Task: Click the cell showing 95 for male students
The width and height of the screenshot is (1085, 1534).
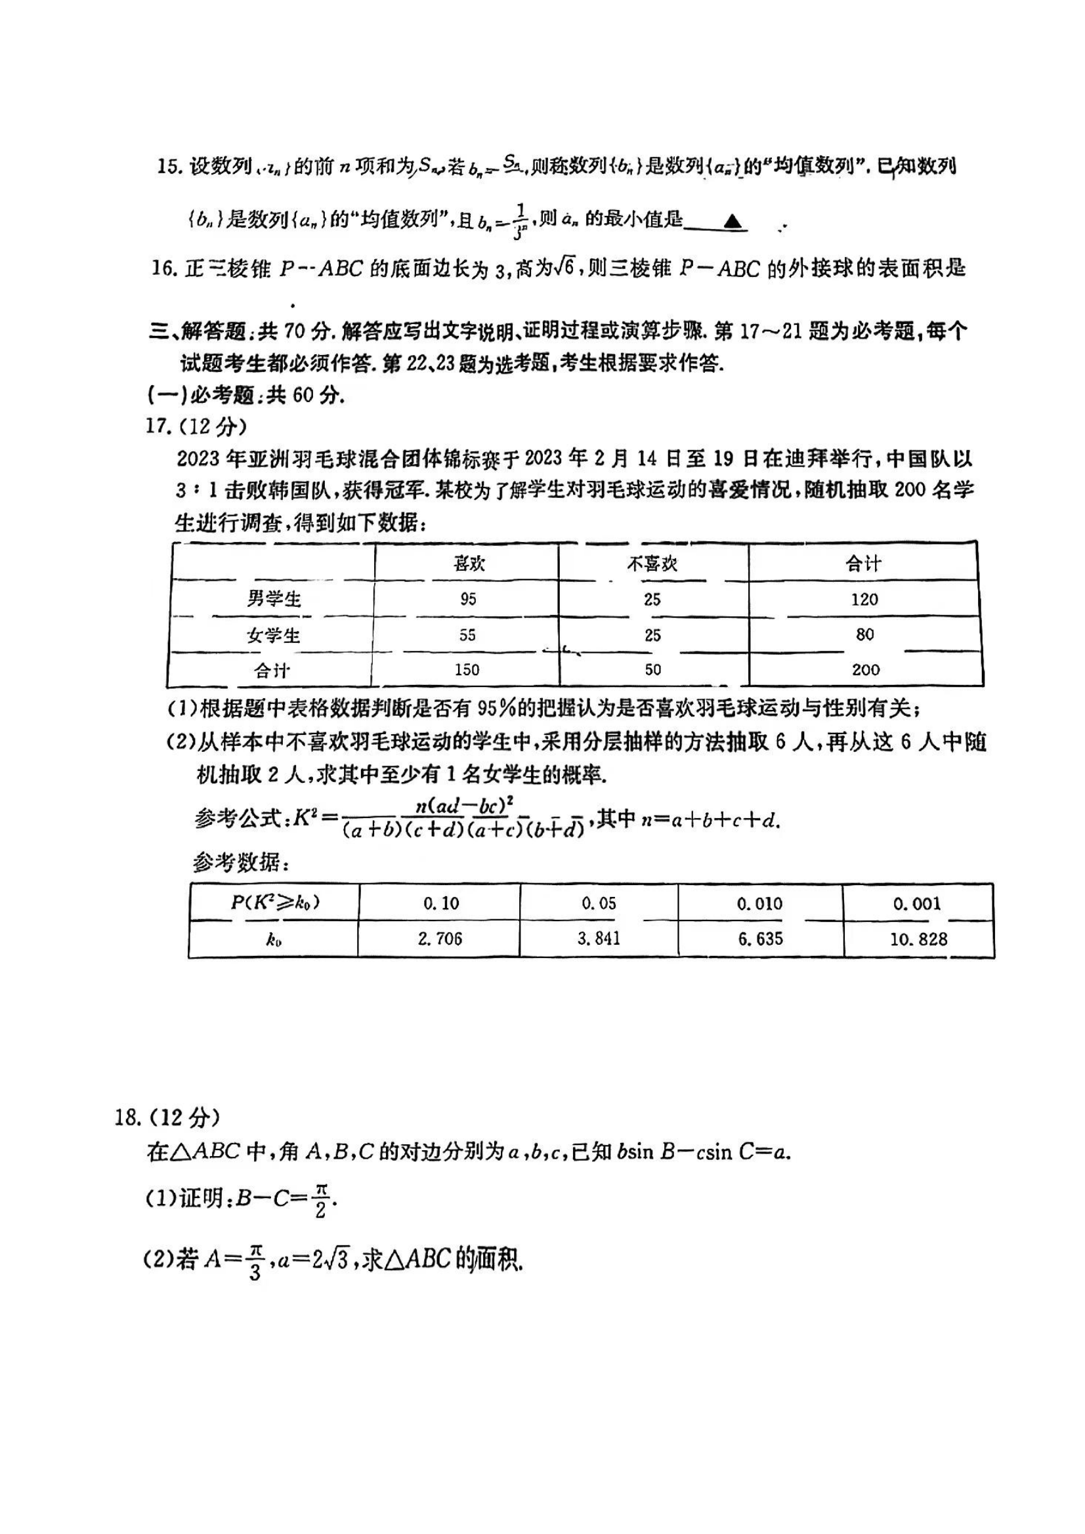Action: (468, 598)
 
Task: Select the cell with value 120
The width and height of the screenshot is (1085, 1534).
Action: (864, 599)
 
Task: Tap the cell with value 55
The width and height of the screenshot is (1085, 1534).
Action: (467, 634)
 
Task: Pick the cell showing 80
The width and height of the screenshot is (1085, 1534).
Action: (864, 634)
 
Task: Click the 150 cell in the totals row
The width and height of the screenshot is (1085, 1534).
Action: (467, 669)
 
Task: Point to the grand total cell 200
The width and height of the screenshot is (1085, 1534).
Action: (865, 669)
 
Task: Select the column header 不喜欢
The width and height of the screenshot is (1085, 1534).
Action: (652, 564)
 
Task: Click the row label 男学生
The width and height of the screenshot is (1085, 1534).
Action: (274, 598)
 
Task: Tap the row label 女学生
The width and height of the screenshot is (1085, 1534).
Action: (274, 634)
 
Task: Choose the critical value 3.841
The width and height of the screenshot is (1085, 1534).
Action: (599, 939)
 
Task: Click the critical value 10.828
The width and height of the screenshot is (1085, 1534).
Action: (918, 940)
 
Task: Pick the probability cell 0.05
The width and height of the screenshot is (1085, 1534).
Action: (599, 903)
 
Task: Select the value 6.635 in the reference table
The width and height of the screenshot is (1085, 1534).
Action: (760, 939)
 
